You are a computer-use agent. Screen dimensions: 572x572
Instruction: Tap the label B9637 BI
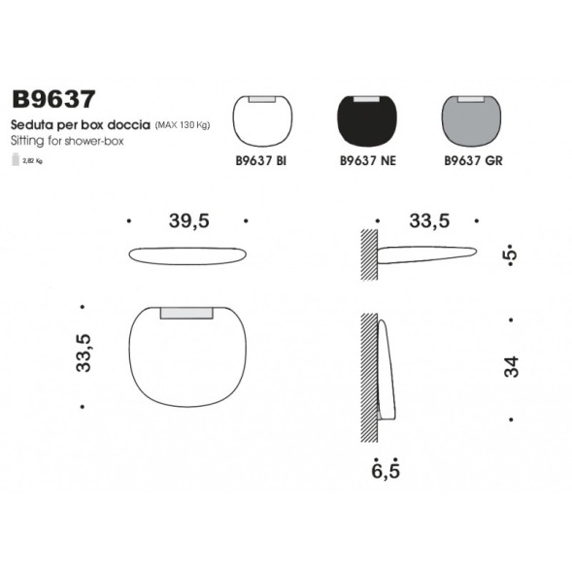click(x=261, y=162)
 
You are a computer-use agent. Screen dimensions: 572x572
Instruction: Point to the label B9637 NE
click(x=365, y=162)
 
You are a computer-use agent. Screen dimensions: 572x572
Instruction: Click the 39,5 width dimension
click(x=188, y=221)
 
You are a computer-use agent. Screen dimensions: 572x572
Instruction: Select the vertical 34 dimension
click(x=512, y=367)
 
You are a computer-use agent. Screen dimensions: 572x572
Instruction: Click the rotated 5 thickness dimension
click(x=511, y=254)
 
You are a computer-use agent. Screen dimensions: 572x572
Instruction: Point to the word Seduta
click(x=30, y=126)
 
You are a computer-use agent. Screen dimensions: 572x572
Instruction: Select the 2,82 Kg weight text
click(x=33, y=161)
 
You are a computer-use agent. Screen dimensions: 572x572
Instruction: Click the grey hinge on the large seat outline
click(x=187, y=313)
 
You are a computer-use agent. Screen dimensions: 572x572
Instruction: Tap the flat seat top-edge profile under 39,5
click(x=188, y=255)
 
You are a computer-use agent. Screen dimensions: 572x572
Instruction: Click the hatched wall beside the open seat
click(x=368, y=255)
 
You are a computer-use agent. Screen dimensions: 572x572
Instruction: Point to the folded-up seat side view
click(x=386, y=369)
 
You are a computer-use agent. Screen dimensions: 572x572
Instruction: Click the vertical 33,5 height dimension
click(x=84, y=354)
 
